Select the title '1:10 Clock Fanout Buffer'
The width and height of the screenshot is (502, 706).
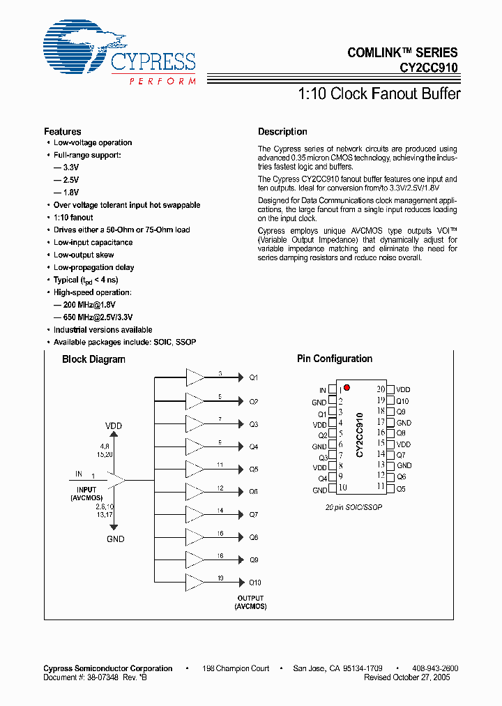[379, 93]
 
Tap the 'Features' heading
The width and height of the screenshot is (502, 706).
[62, 132]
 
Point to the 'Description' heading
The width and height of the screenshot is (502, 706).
[282, 132]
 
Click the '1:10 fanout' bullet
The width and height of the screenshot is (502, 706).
[73, 218]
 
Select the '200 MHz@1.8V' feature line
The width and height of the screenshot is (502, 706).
[84, 305]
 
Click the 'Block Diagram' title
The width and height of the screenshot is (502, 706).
[93, 359]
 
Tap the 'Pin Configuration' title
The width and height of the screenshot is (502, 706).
[335, 359]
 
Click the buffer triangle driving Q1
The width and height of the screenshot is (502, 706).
[195, 377]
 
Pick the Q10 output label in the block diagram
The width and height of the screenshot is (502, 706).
[254, 583]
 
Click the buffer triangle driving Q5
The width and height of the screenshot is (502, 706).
[195, 469]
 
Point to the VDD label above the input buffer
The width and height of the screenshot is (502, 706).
[114, 426]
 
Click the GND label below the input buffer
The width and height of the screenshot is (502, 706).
[115, 539]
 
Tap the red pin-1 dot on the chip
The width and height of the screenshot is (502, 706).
[347, 387]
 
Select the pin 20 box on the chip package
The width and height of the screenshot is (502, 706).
[390, 390]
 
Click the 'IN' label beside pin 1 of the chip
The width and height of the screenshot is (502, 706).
[322, 391]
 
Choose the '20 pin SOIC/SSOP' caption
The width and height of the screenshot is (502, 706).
[353, 507]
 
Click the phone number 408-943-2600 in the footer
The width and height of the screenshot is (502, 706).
[434, 668]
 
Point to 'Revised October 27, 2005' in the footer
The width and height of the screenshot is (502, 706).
[411, 677]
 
